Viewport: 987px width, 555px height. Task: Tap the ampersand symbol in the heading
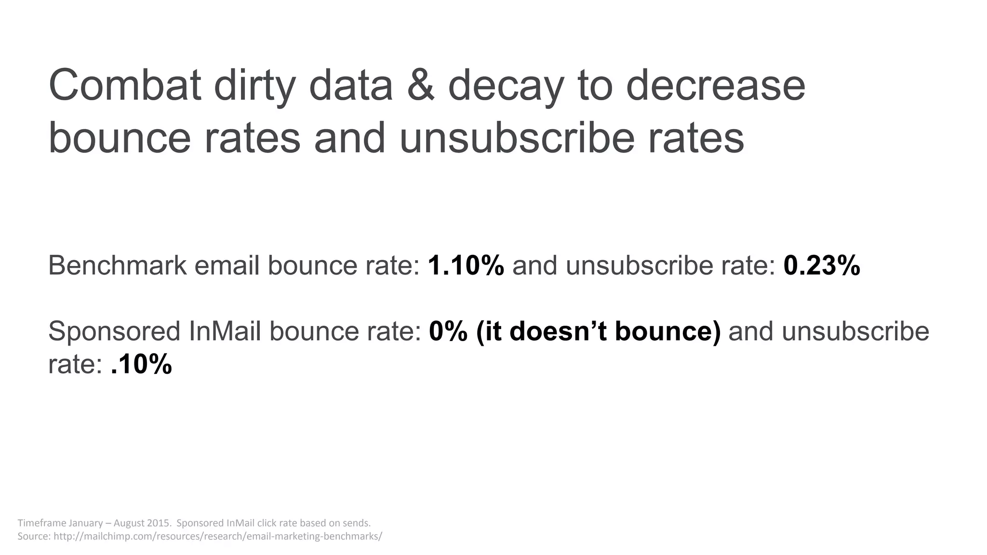pyautogui.click(x=421, y=86)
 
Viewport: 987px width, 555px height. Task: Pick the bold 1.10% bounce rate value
pyautogui.click(x=466, y=265)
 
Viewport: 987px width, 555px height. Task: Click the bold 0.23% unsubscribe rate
pyautogui.click(x=822, y=265)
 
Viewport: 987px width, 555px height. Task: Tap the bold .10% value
pyautogui.click(x=141, y=364)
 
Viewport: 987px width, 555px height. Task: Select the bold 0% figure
pyautogui.click(x=448, y=331)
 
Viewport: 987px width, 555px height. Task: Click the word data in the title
pyautogui.click(x=351, y=86)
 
